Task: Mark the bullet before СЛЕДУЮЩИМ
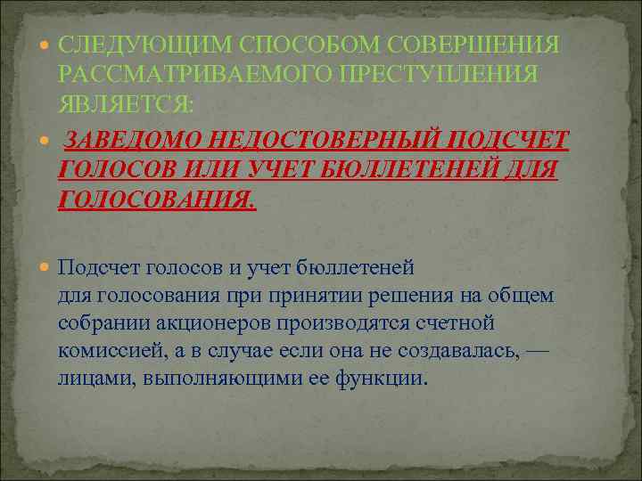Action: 45,44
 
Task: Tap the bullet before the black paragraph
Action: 45,265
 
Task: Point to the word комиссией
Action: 112,349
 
